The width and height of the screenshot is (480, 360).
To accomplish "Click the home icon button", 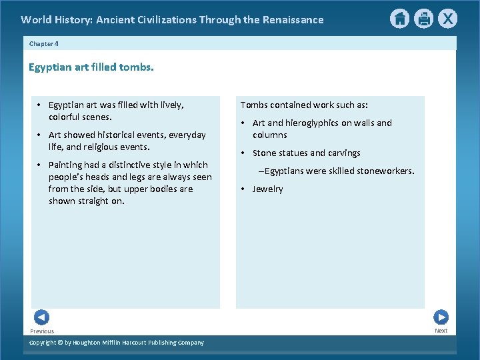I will (x=399, y=19).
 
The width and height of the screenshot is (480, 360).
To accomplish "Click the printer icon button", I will (x=423, y=19).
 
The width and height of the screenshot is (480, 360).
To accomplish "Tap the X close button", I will (x=448, y=19).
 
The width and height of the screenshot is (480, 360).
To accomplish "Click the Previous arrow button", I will (x=41, y=317).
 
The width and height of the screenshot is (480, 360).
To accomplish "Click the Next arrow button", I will (x=441, y=317).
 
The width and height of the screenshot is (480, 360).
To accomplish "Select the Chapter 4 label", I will (x=45, y=43).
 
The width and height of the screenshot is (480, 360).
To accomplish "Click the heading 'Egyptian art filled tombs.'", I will (x=91, y=67).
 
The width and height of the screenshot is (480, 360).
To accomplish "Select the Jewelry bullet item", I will (x=267, y=189).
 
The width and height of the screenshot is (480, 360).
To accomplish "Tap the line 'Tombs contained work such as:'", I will (x=304, y=105).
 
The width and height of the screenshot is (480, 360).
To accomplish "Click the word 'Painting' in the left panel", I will (x=65, y=165).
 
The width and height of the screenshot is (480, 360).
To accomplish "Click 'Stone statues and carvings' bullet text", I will (x=306, y=153).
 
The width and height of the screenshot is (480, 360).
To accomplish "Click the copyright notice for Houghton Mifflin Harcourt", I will (x=117, y=343).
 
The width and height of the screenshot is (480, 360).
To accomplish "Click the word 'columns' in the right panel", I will (x=269, y=135).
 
